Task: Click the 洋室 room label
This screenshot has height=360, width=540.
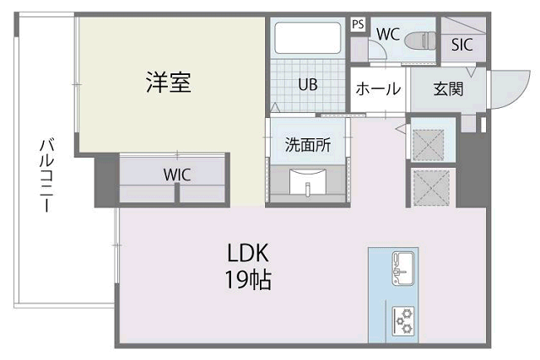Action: [x=169, y=83]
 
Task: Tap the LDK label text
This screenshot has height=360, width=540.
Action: [x=247, y=253]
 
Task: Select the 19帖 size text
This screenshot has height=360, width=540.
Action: [x=248, y=279]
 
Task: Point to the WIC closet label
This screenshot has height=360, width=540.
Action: [x=177, y=175]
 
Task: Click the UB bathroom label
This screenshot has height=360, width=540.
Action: [x=308, y=84]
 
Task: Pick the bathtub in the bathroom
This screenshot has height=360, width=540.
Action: [x=308, y=38]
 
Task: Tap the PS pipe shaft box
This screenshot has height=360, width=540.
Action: [x=358, y=24]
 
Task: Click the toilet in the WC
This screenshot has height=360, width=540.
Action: [x=420, y=41]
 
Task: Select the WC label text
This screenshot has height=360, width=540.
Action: [x=388, y=34]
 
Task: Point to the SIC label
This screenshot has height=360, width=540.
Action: [x=462, y=45]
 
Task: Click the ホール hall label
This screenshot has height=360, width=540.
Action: [x=378, y=89]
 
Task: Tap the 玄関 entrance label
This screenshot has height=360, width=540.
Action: [x=448, y=89]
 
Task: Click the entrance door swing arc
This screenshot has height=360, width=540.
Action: [x=521, y=94]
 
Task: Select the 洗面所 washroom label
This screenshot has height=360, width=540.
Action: [x=308, y=145]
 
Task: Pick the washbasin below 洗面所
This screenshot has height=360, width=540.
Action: [x=308, y=182]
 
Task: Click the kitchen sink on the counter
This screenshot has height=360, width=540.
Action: [x=403, y=268]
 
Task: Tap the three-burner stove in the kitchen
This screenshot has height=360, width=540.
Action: [x=403, y=321]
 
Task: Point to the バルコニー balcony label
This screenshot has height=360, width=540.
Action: [x=46, y=175]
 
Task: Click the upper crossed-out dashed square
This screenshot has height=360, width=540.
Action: [x=428, y=145]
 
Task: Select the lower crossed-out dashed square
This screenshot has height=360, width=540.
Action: [x=431, y=188]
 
